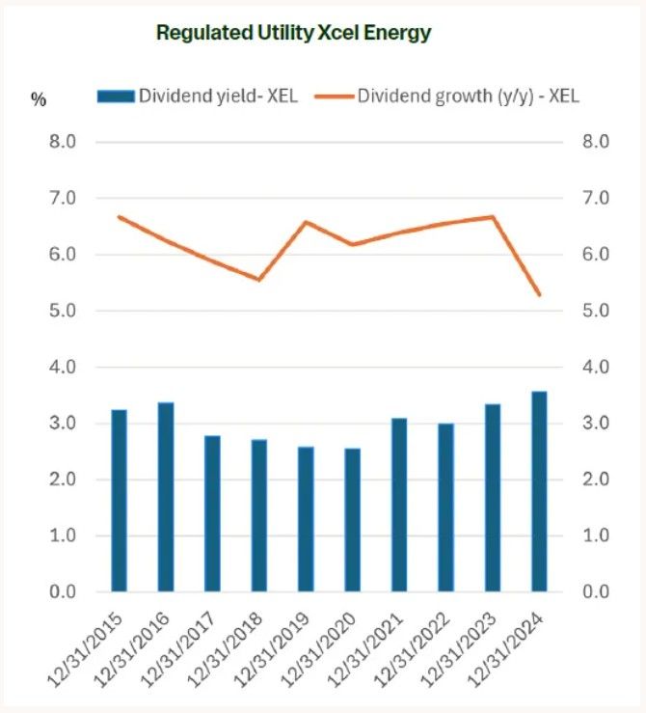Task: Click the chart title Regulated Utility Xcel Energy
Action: [293, 33]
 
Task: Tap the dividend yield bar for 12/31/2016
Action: [166, 496]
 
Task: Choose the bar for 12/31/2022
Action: [445, 507]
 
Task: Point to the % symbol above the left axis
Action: [39, 99]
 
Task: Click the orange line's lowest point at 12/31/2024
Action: [539, 294]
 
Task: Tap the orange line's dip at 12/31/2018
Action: [259, 279]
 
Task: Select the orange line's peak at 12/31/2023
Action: [493, 216]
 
